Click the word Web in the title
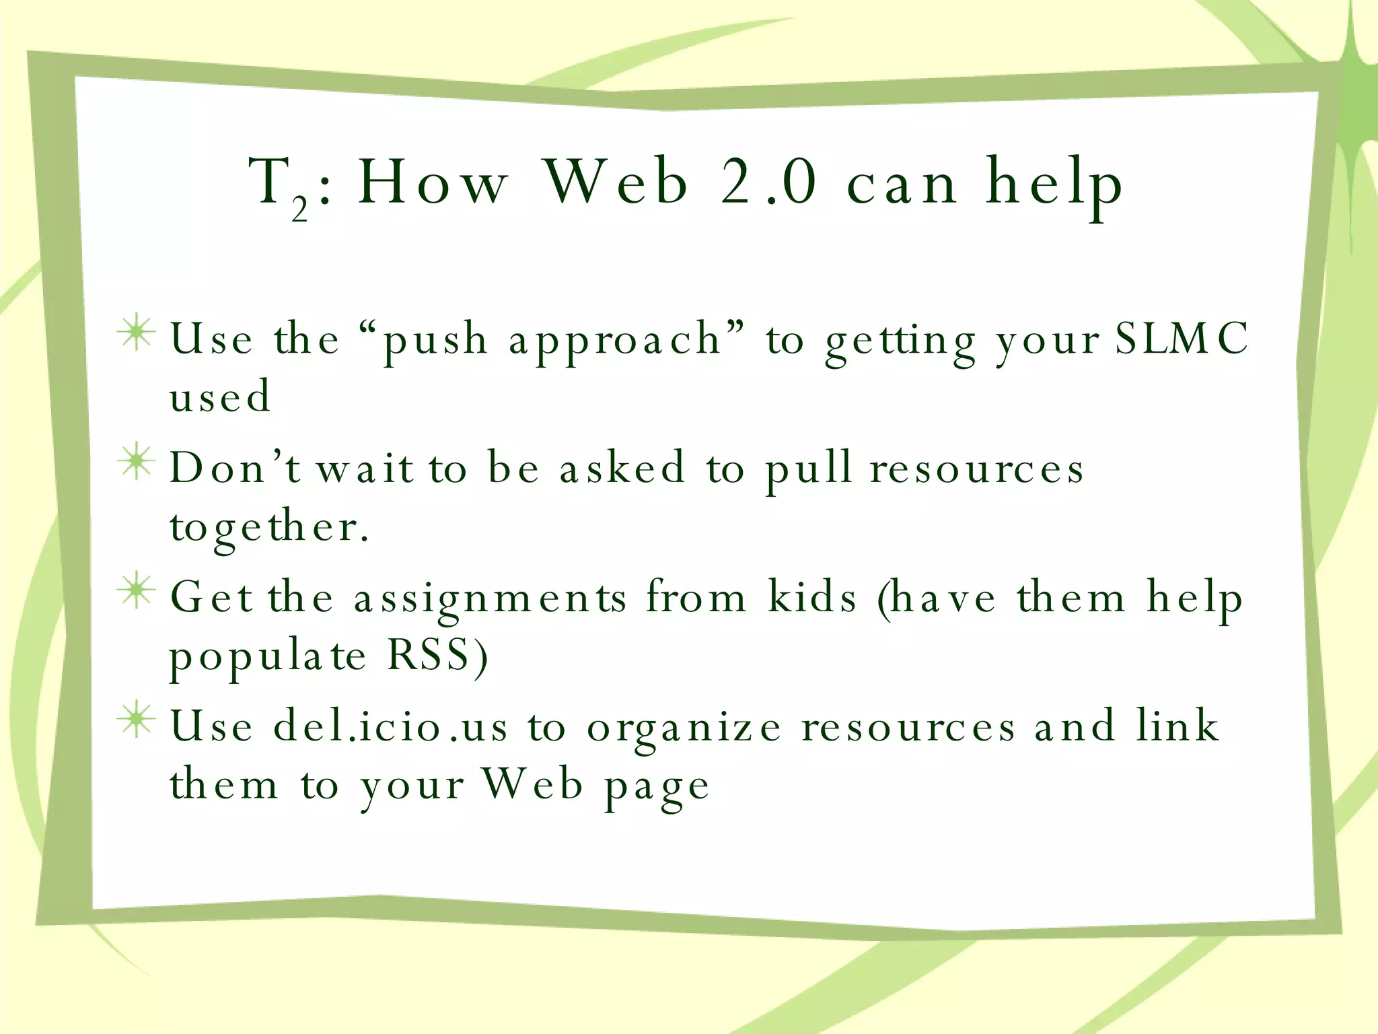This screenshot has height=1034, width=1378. coord(616,182)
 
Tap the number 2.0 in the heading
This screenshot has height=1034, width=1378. coord(768,182)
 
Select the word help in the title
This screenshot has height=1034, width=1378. coord(1054,183)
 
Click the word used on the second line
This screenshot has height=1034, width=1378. coord(220,396)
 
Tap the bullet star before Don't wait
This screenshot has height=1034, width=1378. coord(137,462)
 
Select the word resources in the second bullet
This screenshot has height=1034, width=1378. coord(977,469)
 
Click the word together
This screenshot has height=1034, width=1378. coord(269,528)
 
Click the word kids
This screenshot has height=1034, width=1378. coord(813,596)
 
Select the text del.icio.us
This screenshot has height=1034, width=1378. coord(390,726)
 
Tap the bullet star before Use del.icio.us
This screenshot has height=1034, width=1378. coord(137,720)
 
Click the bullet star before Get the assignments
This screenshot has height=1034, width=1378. coord(137,590)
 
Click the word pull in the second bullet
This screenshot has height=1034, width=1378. coord(809,469)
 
